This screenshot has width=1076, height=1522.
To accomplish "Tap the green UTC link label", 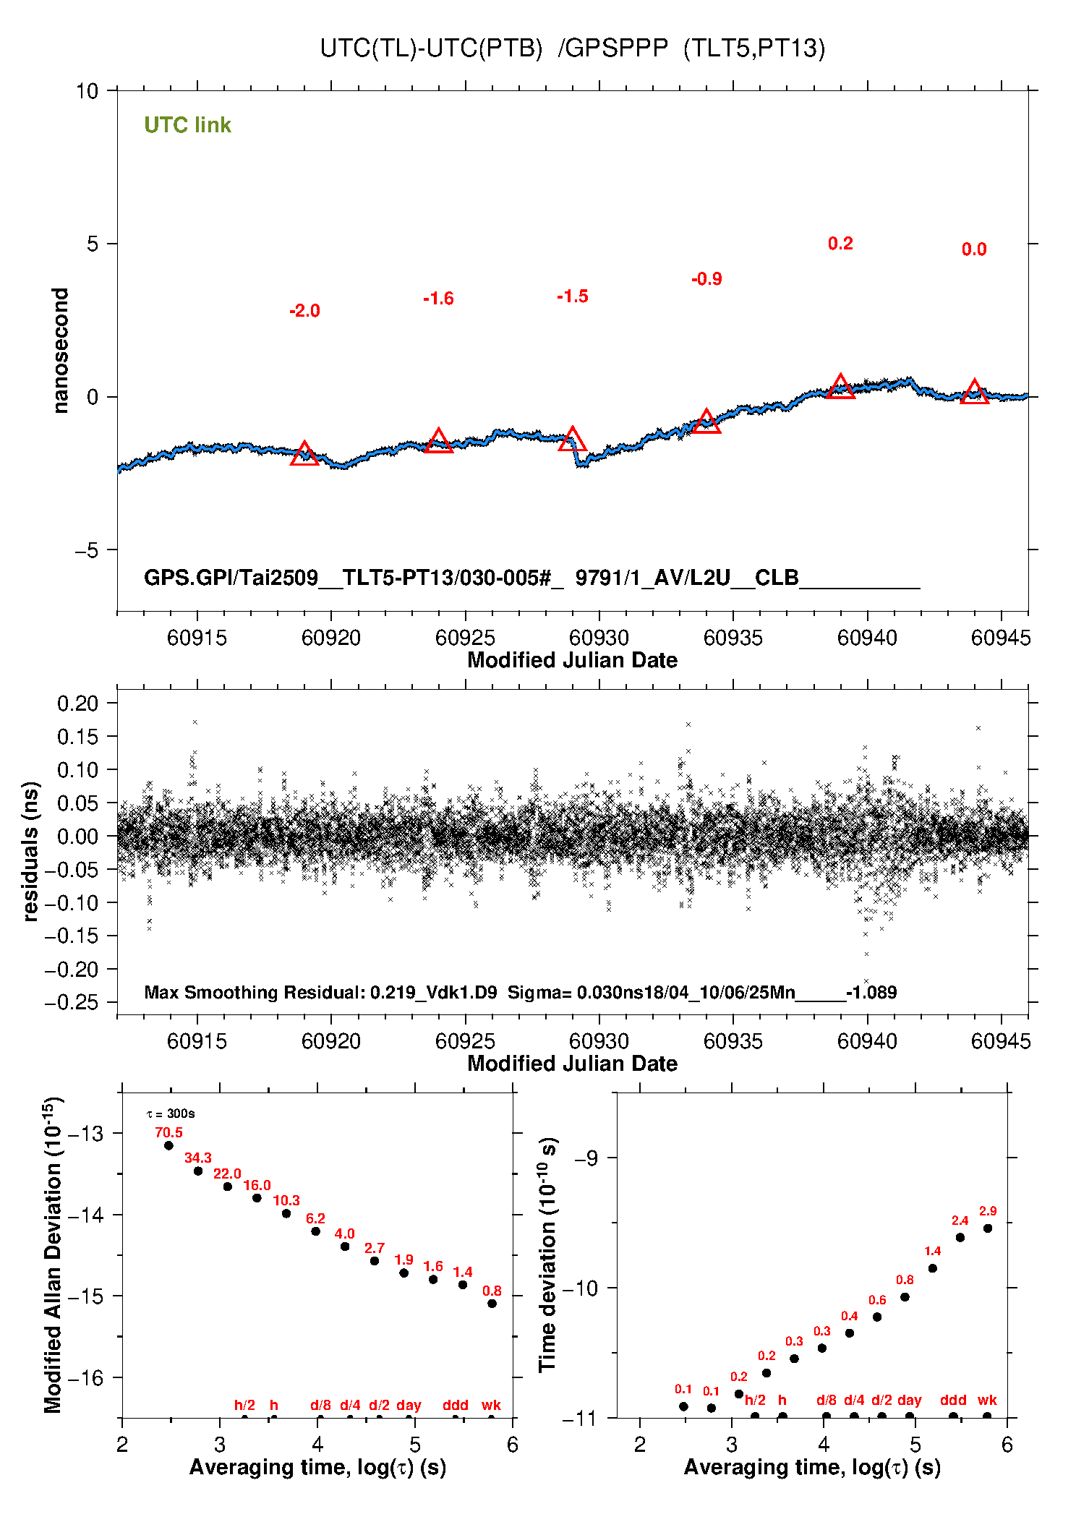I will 187,125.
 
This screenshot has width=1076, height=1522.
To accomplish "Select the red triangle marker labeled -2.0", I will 304,454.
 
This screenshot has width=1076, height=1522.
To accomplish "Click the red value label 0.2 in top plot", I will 840,244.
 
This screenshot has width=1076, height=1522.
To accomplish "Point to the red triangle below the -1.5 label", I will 572,440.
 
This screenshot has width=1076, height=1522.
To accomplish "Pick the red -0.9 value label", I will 706,279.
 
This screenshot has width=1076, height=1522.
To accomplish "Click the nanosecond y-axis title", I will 61,351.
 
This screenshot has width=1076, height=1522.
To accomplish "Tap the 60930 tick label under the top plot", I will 599,638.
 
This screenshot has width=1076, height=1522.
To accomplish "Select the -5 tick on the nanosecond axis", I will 86,550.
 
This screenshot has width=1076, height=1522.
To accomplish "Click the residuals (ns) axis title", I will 30,851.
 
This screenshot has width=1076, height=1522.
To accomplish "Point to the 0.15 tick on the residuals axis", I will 77,737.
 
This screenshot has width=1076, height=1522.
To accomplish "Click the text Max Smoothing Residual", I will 254,992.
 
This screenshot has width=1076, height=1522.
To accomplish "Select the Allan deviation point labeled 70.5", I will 168,1145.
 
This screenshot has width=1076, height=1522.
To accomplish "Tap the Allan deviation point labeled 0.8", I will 492,1304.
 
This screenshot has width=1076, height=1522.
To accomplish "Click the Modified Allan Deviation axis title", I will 53,1255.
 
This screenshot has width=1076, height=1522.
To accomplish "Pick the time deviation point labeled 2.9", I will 988,1228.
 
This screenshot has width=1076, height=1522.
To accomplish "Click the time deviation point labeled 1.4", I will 933,1268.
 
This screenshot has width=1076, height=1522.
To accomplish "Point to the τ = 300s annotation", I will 171,1113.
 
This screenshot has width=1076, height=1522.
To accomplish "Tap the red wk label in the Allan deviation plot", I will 491,1406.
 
